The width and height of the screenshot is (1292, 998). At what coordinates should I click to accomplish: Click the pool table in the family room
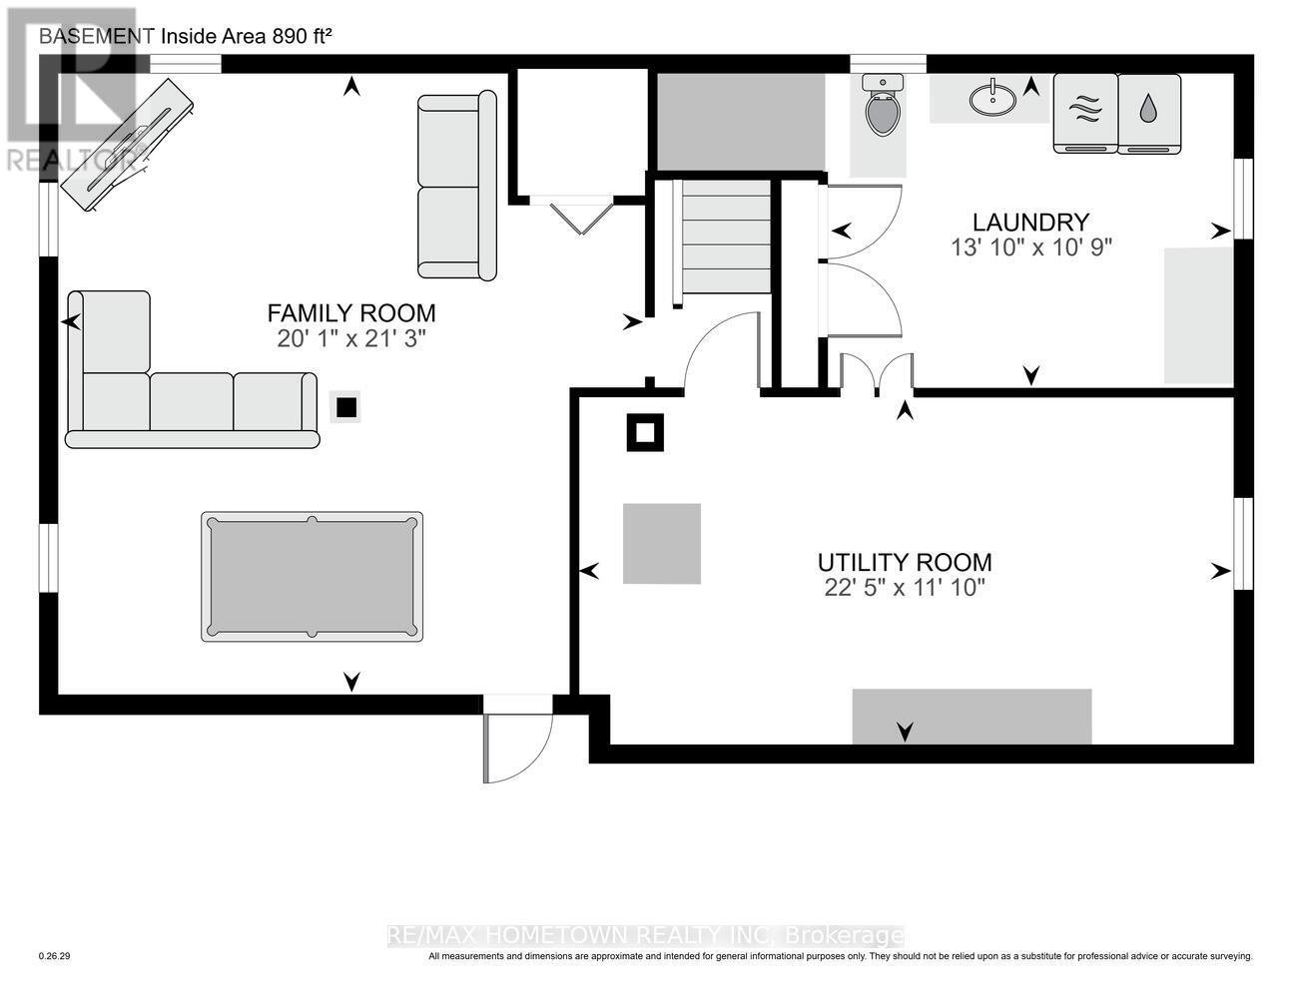click(x=312, y=577)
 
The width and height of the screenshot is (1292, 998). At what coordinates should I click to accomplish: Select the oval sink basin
click(x=992, y=99)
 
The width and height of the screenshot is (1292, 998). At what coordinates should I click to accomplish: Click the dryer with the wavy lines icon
click(x=1085, y=112)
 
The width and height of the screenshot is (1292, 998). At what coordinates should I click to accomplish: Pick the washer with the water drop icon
click(x=1148, y=112)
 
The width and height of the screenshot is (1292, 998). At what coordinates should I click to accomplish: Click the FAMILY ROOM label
click(x=351, y=313)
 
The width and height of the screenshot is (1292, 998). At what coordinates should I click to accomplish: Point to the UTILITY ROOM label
click(x=905, y=562)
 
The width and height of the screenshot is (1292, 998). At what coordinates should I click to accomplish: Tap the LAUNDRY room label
click(x=1030, y=222)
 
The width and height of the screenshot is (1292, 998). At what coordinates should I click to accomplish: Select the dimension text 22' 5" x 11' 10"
click(x=905, y=588)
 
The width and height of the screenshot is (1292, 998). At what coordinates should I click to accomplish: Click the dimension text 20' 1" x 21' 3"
click(x=351, y=339)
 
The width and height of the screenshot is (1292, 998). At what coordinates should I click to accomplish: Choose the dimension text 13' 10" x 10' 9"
click(x=1030, y=248)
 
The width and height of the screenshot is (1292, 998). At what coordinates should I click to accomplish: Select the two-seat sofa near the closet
click(x=456, y=186)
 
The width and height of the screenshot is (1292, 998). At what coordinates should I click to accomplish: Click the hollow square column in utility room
click(x=645, y=433)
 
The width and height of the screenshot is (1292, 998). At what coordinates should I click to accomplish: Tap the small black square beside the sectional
click(x=345, y=407)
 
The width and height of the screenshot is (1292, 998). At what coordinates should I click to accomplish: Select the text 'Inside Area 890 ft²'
click(x=246, y=36)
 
